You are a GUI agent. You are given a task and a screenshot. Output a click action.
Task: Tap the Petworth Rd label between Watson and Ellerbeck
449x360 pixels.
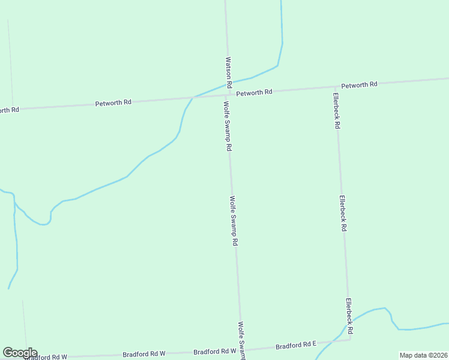pos(254,93)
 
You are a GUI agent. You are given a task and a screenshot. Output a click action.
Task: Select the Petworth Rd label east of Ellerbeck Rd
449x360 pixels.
pos(359,85)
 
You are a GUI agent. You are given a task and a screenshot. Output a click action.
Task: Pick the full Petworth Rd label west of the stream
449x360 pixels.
pos(113,103)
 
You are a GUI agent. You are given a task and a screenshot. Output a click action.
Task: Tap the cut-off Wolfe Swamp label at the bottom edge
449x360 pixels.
pos(241,341)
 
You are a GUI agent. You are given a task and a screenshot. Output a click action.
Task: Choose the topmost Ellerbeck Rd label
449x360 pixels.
pos(337,111)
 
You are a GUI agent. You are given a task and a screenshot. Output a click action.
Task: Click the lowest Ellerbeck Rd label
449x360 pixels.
pos(349,317)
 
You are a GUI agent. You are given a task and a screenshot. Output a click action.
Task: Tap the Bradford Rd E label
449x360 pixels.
pos(295,345)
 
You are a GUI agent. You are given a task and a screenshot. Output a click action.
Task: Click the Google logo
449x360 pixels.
pos(20,353)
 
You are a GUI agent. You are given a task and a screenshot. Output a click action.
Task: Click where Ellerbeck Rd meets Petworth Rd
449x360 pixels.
pos(335,88)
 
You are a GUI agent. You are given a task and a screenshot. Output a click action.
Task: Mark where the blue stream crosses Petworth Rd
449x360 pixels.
pos(193,97)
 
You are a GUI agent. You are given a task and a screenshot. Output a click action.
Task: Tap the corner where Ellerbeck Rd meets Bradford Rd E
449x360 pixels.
pos(350,340)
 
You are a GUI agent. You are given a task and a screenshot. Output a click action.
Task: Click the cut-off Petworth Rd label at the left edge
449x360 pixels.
pos(10,110)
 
